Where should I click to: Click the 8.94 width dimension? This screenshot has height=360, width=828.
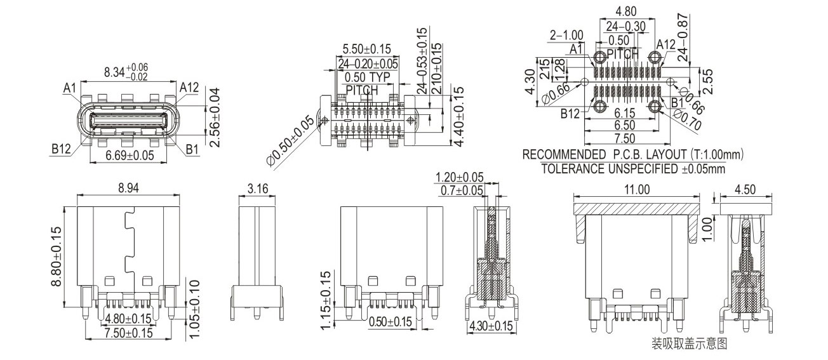(126, 188)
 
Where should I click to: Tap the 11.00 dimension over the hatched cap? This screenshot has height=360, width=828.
(637, 189)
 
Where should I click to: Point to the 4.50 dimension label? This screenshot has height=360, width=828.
(745, 189)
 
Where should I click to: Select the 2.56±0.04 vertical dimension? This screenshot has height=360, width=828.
(214, 117)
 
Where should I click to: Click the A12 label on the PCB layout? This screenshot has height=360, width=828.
(665, 44)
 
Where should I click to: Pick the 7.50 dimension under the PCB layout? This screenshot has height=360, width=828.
(625, 138)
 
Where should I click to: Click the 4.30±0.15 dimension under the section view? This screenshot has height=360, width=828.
(490, 326)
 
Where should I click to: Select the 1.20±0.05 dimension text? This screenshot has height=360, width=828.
(459, 177)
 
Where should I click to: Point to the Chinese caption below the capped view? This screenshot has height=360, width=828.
(689, 344)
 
